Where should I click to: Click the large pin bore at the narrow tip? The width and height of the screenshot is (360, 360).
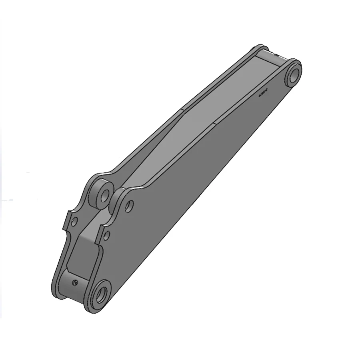294,74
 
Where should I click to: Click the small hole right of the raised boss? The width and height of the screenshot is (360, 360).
129,206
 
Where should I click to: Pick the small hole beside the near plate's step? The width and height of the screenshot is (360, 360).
106,236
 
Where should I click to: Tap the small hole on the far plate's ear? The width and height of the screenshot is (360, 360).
74,220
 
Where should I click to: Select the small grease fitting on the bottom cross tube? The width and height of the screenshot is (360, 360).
75,283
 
